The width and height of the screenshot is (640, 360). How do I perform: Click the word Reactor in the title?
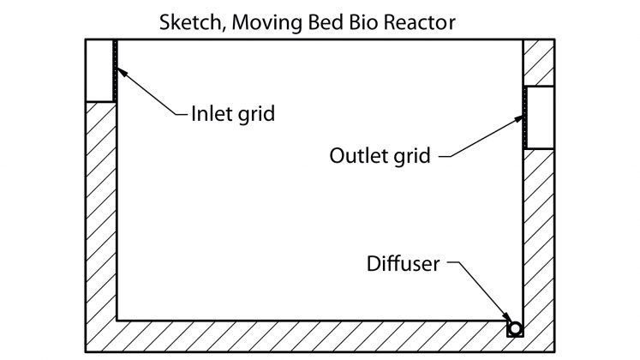point(425,21)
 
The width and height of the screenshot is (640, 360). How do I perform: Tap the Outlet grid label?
point(381,155)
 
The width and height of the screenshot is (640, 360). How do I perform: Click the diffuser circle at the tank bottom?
point(514,328)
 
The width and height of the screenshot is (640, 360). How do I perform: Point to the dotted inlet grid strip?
point(114,70)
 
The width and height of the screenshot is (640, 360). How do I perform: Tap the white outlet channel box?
point(540,117)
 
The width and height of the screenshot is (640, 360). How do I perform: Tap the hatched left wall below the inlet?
point(100,214)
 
